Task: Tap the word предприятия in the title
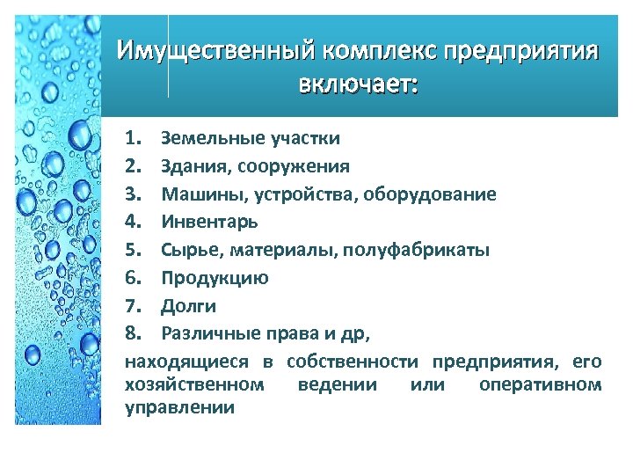(521, 51)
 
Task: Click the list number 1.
(133, 138)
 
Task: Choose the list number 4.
(133, 222)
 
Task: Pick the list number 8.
(133, 333)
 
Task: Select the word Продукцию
(215, 278)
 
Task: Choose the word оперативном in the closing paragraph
(541, 384)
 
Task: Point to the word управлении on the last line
(179, 406)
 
